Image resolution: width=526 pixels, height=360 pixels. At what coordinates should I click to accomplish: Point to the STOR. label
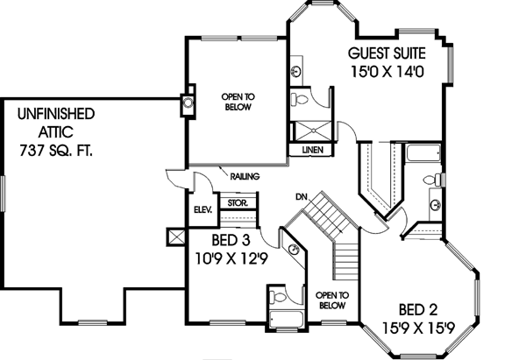coord(237,202)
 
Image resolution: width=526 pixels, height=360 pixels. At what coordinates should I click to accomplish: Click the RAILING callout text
coord(243,177)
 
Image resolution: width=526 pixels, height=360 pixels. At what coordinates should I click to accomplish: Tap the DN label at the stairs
coord(300,196)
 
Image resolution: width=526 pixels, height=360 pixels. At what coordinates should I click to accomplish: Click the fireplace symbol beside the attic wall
coord(188,102)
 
